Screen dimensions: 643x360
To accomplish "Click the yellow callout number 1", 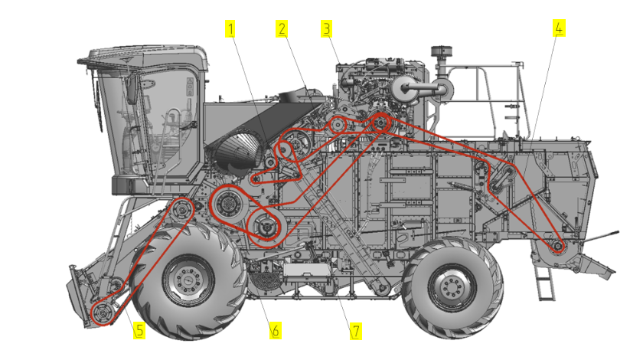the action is click(230, 29).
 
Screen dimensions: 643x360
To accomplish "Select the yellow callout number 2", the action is click(282, 29).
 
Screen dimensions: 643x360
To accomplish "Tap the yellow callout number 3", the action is click(326, 29).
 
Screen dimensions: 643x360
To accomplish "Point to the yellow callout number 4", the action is click(559, 28).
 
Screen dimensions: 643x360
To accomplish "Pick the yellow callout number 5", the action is click(139, 330).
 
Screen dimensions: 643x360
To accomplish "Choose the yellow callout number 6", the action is click(275, 330).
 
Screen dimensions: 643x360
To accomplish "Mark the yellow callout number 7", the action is click(355, 331).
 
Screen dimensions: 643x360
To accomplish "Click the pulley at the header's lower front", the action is click(102, 313).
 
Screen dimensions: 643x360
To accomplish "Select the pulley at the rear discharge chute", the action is click(558, 247).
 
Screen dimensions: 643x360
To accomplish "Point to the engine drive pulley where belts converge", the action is click(380, 122).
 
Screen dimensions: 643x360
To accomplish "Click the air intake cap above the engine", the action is click(441, 51).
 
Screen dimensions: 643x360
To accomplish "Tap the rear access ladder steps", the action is click(545, 283).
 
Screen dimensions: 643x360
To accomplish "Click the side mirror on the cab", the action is click(132, 89).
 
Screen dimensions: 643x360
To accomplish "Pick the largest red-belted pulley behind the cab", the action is click(228, 204).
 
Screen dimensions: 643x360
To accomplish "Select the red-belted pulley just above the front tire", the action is click(181, 210).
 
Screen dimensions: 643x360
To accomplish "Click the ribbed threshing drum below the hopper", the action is click(237, 152).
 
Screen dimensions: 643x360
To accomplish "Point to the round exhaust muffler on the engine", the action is click(404, 89).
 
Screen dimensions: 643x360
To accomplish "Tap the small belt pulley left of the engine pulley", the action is click(338, 125).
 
